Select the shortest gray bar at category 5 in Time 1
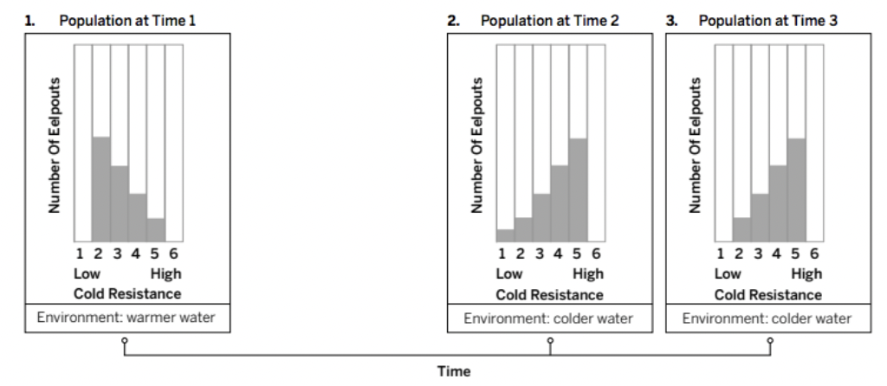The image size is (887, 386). pyautogui.click(x=156, y=229)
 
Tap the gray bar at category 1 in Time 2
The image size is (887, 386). pyautogui.click(x=505, y=235)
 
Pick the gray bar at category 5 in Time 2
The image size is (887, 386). pyautogui.click(x=579, y=190)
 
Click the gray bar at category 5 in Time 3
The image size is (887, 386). pyautogui.click(x=797, y=190)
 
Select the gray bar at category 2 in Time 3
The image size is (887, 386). pyautogui.click(x=741, y=229)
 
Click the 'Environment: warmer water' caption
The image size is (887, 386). pyautogui.click(x=126, y=318)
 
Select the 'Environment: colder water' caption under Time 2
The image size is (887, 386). pyautogui.click(x=548, y=318)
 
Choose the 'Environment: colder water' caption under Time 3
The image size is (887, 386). pyautogui.click(x=767, y=318)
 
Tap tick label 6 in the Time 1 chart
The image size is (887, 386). pyautogui.click(x=174, y=254)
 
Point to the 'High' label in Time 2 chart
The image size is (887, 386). pyautogui.click(x=588, y=274)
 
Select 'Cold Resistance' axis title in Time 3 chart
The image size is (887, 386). pyautogui.click(x=767, y=293)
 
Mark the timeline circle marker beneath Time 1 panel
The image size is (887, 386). pyautogui.click(x=126, y=341)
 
